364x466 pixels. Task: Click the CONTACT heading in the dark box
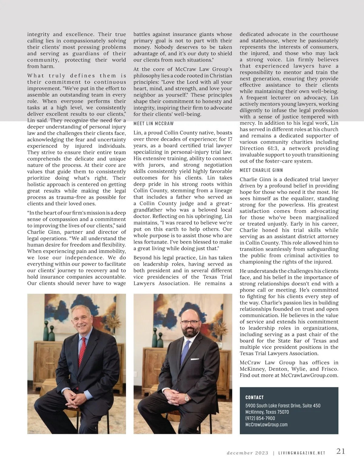click(x=254, y=397)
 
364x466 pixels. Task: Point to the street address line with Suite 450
click(x=283, y=406)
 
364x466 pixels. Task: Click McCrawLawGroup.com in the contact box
click(x=266, y=424)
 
